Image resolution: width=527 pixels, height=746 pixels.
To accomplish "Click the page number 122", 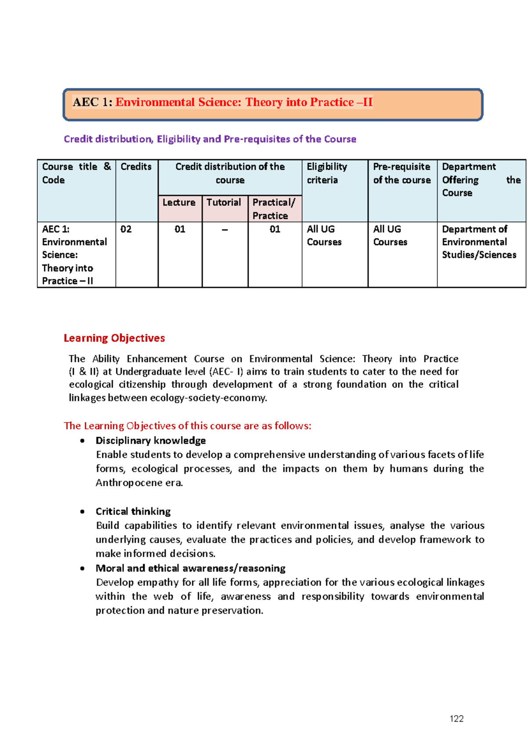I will (x=456, y=718).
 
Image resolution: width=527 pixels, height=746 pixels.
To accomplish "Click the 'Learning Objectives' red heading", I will (x=114, y=338).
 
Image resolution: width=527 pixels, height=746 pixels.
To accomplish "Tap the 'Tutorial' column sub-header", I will (x=224, y=202).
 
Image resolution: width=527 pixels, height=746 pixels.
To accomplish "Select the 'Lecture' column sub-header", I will (x=179, y=202).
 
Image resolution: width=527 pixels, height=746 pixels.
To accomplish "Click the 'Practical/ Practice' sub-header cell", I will (x=274, y=208).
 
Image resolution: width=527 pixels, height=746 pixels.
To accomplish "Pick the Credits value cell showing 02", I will (x=126, y=229).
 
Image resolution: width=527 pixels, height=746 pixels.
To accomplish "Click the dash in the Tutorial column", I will (x=225, y=229).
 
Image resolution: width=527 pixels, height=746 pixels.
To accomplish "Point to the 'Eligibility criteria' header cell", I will (x=327, y=173).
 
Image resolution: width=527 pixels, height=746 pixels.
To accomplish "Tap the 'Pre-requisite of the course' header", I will (x=402, y=173).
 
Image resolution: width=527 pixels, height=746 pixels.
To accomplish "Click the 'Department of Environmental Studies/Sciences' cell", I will (x=479, y=242).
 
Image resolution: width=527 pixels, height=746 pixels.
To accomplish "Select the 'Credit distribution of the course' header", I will (x=230, y=173).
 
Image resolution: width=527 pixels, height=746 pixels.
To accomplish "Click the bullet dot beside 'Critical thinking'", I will (x=83, y=511).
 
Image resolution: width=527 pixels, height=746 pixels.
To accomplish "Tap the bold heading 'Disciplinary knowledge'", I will (x=151, y=440).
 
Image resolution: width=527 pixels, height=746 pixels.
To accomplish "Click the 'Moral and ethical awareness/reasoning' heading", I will (x=190, y=568).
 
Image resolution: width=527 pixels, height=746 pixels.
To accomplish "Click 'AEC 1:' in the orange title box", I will (x=92, y=102).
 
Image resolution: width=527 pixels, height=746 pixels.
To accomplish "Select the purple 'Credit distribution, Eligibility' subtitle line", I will (x=210, y=139).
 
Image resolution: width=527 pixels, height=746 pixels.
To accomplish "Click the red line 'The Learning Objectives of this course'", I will (x=187, y=426).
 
